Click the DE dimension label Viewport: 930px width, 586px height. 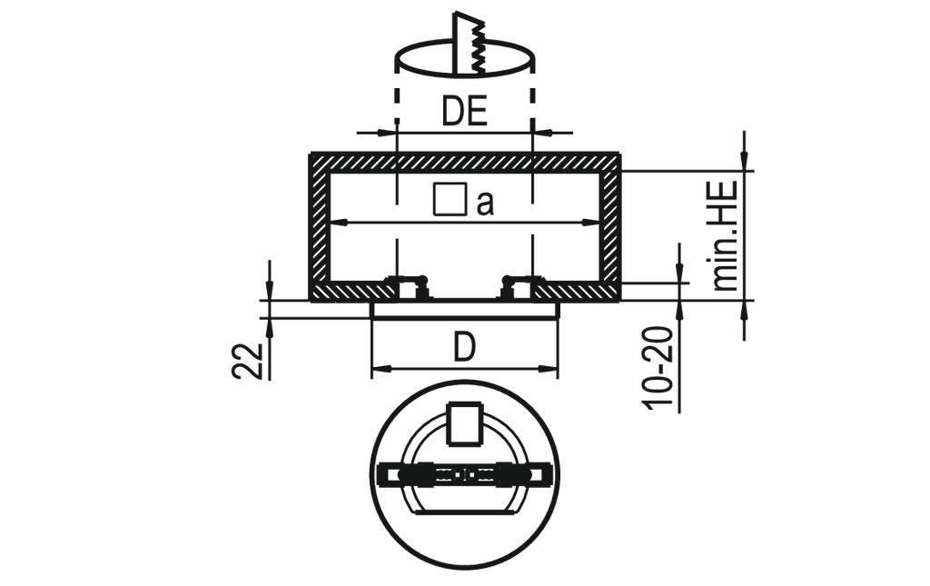464,112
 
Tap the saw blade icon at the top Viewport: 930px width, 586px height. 470,44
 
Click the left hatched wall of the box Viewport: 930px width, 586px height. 319,227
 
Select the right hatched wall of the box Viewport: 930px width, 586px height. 610,227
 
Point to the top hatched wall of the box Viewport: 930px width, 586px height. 464,162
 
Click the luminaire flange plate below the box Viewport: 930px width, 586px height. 465,310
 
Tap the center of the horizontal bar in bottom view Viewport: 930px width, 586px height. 464,474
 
